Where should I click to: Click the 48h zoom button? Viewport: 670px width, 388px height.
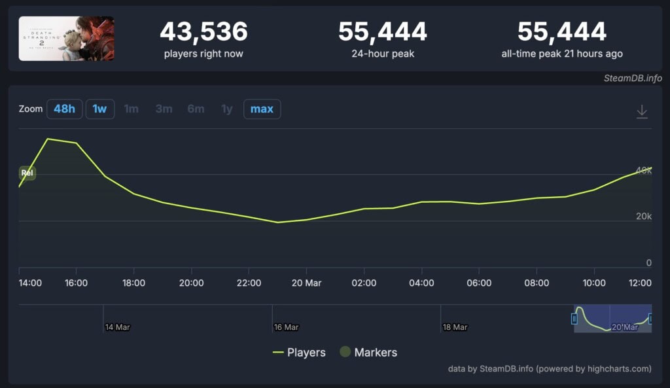[x=64, y=109]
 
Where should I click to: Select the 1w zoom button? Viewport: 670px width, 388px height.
[x=99, y=109]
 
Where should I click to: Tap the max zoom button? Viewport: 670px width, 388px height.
[x=262, y=109]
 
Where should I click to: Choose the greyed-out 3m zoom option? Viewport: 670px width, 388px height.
[x=164, y=109]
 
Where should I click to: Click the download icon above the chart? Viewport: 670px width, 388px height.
[x=642, y=111]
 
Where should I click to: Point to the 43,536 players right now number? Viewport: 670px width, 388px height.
[x=203, y=31]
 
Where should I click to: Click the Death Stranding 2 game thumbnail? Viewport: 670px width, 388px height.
[x=66, y=39]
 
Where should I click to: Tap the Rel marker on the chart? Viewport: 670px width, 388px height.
[x=27, y=173]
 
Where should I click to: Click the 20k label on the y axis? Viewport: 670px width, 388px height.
[x=644, y=217]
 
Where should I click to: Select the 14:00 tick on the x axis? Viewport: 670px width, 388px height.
[x=30, y=283]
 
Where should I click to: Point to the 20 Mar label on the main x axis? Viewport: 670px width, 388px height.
[x=306, y=283]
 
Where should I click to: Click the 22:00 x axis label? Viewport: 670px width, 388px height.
[x=249, y=283]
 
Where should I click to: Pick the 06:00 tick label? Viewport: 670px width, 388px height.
[x=478, y=283]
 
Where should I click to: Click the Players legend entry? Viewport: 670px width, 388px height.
[x=299, y=353]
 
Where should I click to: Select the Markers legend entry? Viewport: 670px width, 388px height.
[x=368, y=353]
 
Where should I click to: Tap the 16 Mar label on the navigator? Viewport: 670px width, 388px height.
[x=286, y=326]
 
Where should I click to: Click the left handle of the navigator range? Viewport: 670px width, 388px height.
[x=574, y=319]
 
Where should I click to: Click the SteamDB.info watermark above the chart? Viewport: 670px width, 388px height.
[x=633, y=78]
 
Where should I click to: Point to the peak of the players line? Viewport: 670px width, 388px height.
[x=48, y=139]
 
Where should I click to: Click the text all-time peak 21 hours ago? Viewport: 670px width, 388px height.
[x=561, y=54]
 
